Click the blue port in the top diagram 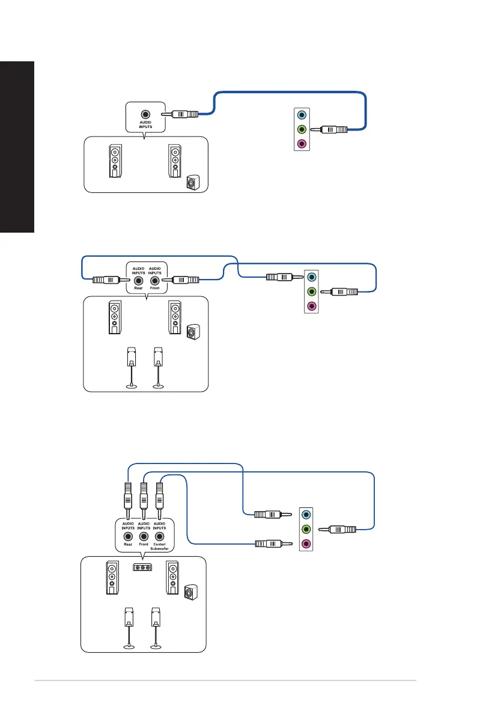(302, 114)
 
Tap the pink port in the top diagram (302, 144)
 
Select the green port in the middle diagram (311, 292)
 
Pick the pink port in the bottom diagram (306, 544)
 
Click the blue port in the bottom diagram (306, 515)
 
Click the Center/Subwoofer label (159, 546)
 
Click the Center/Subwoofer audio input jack (159, 536)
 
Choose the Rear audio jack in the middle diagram (139, 280)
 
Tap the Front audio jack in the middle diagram (155, 280)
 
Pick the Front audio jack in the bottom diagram (144, 536)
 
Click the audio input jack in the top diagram (145, 114)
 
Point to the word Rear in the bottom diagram (127, 545)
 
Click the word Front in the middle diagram (155, 289)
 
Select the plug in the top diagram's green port (332, 129)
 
